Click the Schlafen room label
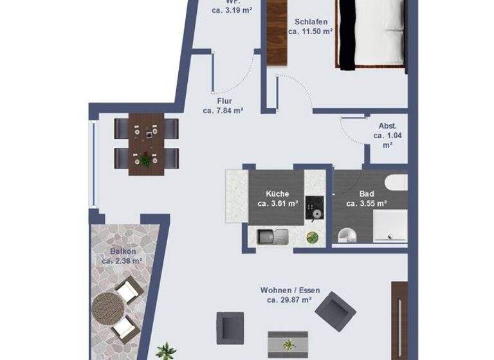click(x=309, y=21)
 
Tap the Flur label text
click(x=224, y=101)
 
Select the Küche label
click(x=277, y=194)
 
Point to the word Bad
click(x=366, y=194)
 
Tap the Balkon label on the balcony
click(x=121, y=251)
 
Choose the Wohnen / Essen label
click(x=289, y=290)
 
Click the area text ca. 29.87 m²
click(x=289, y=300)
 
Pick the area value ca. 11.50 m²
click(x=309, y=31)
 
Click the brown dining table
click(x=146, y=143)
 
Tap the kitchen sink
click(x=273, y=237)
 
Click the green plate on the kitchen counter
click(x=312, y=237)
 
